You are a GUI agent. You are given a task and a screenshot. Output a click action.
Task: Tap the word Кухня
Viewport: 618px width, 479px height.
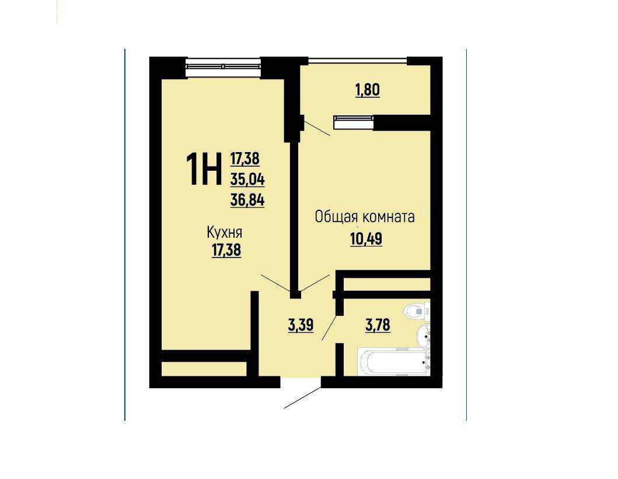(x=225, y=233)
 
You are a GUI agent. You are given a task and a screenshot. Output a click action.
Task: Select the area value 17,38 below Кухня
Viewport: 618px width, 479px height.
(x=226, y=251)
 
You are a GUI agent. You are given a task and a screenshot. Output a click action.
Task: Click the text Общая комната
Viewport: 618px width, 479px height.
(x=365, y=217)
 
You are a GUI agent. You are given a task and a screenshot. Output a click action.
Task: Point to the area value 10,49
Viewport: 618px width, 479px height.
(x=366, y=239)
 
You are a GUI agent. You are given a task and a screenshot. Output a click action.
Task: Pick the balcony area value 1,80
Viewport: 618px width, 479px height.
(x=368, y=90)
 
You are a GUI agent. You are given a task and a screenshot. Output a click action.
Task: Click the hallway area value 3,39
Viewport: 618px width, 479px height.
(x=301, y=326)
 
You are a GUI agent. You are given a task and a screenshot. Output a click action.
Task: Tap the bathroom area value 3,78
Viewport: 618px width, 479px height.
(x=378, y=326)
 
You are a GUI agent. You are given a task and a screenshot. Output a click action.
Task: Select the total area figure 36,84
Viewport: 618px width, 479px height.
(x=247, y=200)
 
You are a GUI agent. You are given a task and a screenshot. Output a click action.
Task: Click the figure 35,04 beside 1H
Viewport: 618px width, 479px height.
(x=247, y=180)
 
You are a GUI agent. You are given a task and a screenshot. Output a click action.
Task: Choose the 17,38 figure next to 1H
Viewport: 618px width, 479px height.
(x=245, y=159)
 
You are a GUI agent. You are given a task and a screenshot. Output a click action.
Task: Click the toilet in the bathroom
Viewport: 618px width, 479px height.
(x=417, y=311)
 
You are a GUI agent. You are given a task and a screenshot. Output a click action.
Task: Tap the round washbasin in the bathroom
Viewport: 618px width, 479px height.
(x=424, y=336)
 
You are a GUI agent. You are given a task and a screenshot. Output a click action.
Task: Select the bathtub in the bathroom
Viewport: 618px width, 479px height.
(x=393, y=361)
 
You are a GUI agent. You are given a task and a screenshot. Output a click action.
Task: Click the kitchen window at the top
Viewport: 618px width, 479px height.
(x=223, y=66)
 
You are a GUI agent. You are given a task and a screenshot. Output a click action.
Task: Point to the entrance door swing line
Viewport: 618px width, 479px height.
(x=303, y=397)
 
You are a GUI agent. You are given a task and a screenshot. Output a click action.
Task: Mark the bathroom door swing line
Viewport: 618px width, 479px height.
(x=330, y=327)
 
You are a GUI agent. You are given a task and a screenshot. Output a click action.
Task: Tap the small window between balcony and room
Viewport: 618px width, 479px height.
(x=353, y=122)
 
